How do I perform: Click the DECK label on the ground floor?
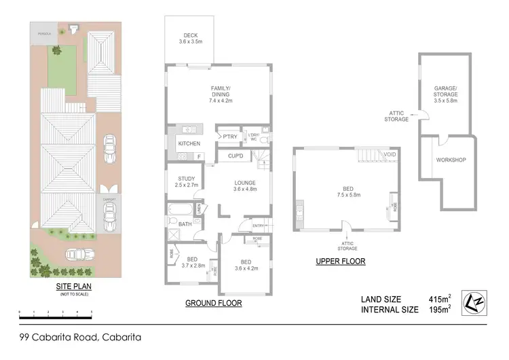[x=191, y=39]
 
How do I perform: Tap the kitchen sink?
[x=188, y=129]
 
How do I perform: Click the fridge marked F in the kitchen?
[x=199, y=157]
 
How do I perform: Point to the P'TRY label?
[x=229, y=137]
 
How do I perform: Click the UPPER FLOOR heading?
[x=341, y=261]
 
